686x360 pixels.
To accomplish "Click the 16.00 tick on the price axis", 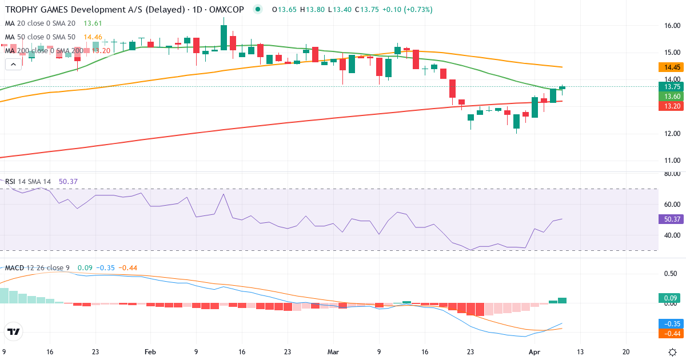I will pyautogui.click(x=671, y=25).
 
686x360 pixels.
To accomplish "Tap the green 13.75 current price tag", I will pyautogui.click(x=671, y=87).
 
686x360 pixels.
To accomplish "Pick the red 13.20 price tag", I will pyautogui.click(x=671, y=106).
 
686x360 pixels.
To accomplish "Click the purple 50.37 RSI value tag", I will pyautogui.click(x=671, y=219).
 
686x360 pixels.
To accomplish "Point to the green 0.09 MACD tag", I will pyautogui.click(x=671, y=298).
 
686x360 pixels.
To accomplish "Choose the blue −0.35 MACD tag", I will pyautogui.click(x=671, y=323).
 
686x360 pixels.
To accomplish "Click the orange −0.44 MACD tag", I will pyautogui.click(x=671, y=333).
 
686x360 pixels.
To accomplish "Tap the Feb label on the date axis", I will pyautogui.click(x=150, y=352).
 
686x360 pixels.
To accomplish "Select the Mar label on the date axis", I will pyautogui.click(x=333, y=352).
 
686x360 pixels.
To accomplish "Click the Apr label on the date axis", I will pyautogui.click(x=533, y=352).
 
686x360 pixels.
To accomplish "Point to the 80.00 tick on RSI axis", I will pyautogui.click(x=671, y=174).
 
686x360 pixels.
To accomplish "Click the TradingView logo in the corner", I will pyautogui.click(x=13, y=331).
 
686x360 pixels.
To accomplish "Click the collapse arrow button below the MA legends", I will pyautogui.click(x=13, y=64).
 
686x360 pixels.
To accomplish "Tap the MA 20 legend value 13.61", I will pyautogui.click(x=93, y=23).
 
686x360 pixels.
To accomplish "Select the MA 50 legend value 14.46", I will pyautogui.click(x=93, y=37).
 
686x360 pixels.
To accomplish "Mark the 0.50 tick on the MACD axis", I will pyautogui.click(x=671, y=274).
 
